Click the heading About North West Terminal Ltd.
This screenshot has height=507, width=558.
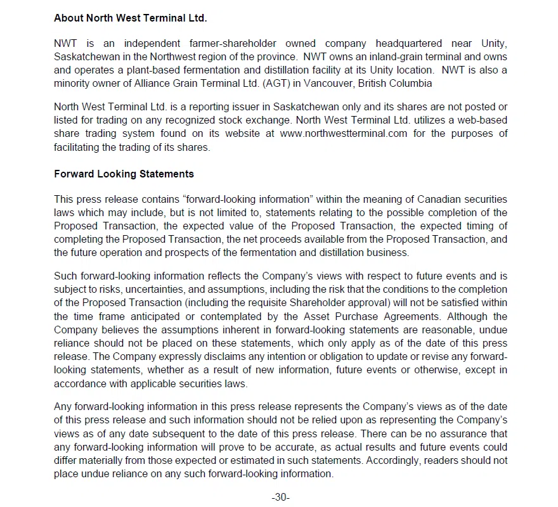(130, 18)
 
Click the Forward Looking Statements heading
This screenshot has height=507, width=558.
(124, 174)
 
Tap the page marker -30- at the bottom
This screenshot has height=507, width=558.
(280, 497)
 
